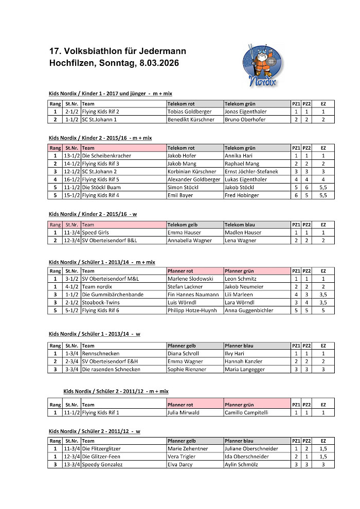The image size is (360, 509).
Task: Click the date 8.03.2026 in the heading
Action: [160, 63]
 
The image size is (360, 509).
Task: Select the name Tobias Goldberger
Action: [189, 111]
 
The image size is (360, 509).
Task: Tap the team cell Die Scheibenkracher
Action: [106, 155]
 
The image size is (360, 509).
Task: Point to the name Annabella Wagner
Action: [190, 240]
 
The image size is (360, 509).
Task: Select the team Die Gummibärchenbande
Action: [113, 295]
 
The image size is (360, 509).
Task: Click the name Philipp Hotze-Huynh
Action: [193, 311]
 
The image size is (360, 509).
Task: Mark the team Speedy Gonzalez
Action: [102, 464]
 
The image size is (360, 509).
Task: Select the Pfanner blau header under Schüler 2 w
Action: [239, 441]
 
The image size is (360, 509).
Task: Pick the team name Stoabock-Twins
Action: [102, 303]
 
